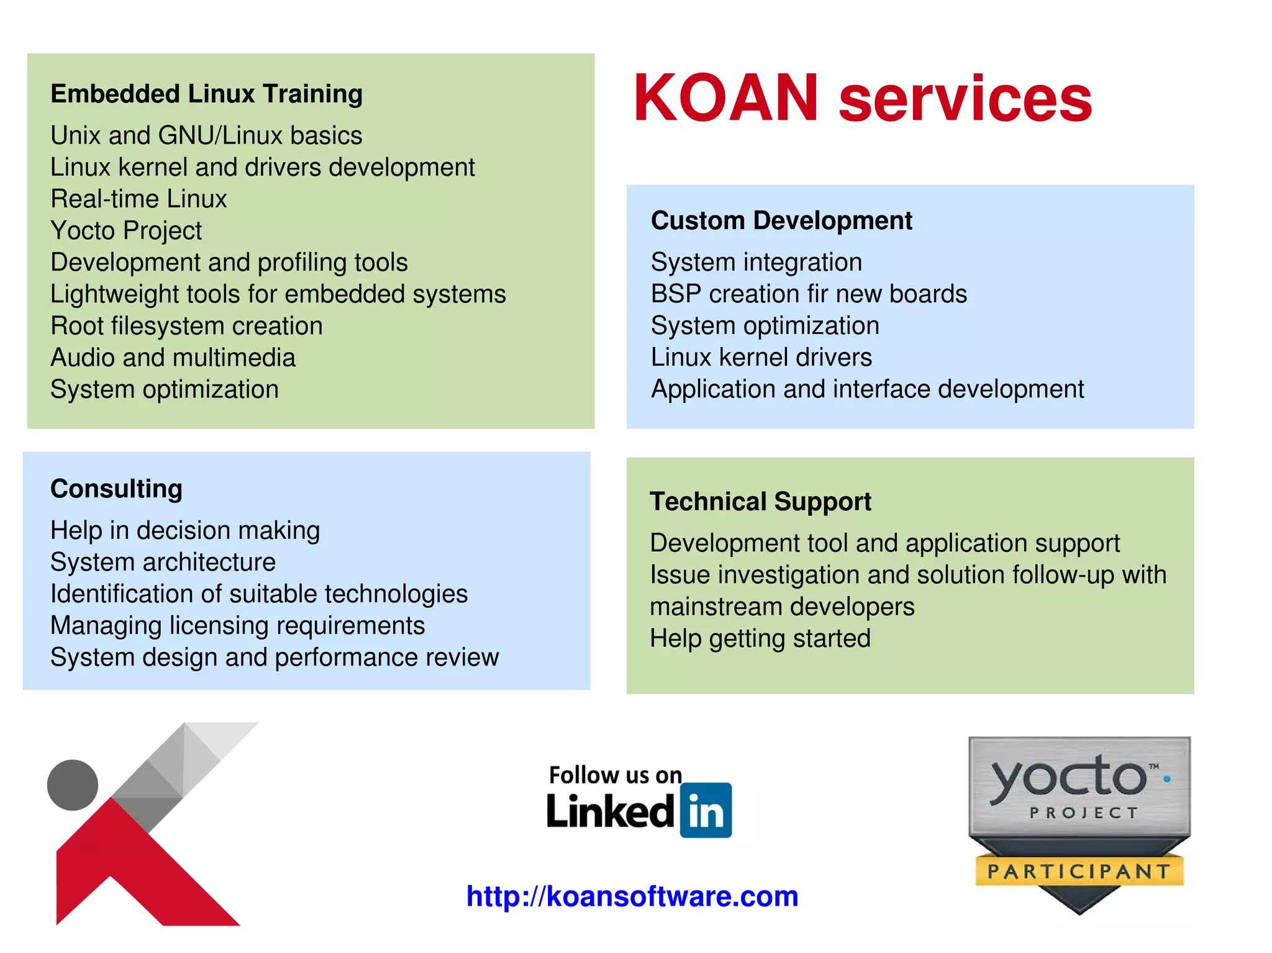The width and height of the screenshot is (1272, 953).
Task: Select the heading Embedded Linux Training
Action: pos(206,94)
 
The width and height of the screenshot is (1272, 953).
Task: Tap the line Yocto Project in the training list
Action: pos(126,231)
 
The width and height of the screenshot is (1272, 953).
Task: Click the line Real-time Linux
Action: pos(139,199)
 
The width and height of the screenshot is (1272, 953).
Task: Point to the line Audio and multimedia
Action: pos(173,358)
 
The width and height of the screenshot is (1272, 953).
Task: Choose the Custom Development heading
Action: pos(781,221)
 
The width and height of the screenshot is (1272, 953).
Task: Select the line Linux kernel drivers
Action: pos(761,358)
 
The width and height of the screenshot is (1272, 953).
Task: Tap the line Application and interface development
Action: pos(867,389)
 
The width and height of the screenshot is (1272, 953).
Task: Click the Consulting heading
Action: pos(116,489)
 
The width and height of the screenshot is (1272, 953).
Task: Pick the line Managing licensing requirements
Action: pos(237,626)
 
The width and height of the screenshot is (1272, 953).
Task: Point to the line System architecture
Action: pos(163,562)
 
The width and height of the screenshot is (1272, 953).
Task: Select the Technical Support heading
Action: pos(760,502)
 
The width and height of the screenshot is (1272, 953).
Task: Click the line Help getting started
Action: pos(760,639)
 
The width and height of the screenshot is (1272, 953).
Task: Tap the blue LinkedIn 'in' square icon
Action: pos(706,810)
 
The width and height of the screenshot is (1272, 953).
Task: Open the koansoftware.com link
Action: pos(632,897)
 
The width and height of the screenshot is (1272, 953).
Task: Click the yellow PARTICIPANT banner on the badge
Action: pos(1079,871)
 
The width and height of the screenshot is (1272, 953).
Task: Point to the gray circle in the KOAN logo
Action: pos(73,785)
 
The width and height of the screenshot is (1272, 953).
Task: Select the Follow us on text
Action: pos(615,775)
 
